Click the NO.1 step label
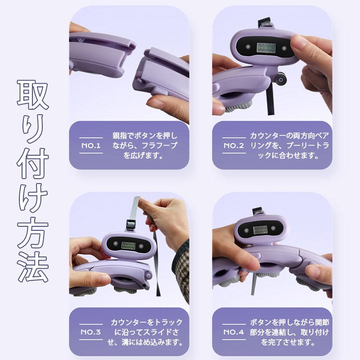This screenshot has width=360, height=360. point(91,145)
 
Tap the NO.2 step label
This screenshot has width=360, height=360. point(234,145)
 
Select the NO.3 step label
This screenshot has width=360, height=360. point(91,332)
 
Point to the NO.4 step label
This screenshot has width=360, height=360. point(234,332)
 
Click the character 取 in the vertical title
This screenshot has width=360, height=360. point(33,95)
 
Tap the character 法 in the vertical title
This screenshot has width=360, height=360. point(33,267)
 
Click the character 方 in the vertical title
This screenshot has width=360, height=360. point(33,232)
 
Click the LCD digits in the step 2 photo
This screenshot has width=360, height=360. point(266,48)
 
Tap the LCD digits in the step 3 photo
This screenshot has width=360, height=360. point(128,246)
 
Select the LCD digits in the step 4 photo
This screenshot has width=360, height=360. point(261,229)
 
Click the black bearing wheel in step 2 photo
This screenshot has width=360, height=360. point(280,79)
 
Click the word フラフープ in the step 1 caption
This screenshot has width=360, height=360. point(160,145)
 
